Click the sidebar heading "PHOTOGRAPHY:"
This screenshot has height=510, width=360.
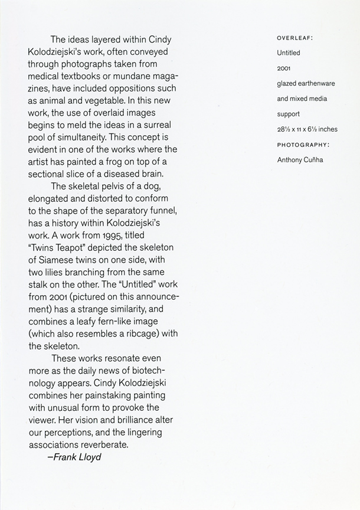(x=303, y=145)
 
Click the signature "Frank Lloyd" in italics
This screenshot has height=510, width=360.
(x=74, y=456)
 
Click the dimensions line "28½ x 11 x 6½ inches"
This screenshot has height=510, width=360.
(x=307, y=129)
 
